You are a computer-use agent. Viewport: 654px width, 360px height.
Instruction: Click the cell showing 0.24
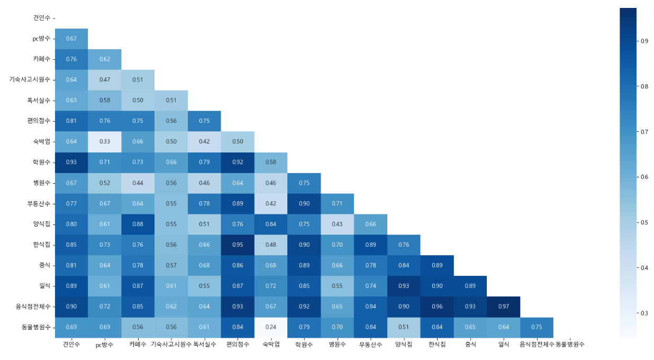point(270,327)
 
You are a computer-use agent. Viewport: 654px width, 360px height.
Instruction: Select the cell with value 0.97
point(504,307)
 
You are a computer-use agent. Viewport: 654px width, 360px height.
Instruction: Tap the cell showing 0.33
point(105,141)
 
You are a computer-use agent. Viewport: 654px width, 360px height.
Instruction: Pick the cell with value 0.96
point(437,307)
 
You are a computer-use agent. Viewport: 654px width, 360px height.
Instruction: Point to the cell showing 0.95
point(238,245)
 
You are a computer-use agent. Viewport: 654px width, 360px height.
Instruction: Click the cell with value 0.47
point(105,79)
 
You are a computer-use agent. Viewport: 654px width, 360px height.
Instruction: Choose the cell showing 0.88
point(138,224)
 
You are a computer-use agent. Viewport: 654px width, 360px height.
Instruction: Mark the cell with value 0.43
point(337,224)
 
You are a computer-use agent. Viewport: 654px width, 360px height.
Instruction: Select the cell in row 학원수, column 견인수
point(71,162)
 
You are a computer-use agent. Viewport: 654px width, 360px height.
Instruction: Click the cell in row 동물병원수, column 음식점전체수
point(537,327)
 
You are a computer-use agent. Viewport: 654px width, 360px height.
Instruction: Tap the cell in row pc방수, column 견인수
point(71,39)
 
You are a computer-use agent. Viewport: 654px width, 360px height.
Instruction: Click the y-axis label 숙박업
point(41,141)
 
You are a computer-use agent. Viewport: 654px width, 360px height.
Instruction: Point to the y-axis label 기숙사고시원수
point(30,79)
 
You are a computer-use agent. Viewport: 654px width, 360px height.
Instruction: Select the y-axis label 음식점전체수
point(33,307)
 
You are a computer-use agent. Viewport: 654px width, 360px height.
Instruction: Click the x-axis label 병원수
point(337,344)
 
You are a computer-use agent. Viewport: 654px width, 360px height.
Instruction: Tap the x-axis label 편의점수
point(238,344)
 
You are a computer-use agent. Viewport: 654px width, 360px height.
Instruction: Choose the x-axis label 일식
point(504,344)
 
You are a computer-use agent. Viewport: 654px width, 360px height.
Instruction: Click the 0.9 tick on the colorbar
point(644,41)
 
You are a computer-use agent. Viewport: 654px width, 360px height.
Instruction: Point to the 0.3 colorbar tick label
point(644,313)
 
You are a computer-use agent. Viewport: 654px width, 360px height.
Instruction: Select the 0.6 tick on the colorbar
point(644,177)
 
